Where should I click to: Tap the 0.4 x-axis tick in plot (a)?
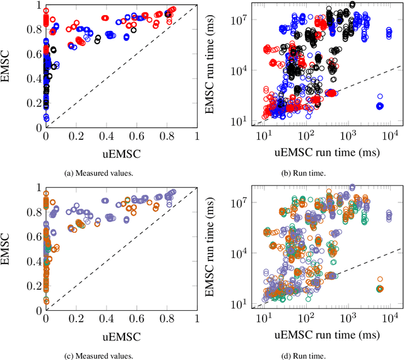(x=106, y=135)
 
